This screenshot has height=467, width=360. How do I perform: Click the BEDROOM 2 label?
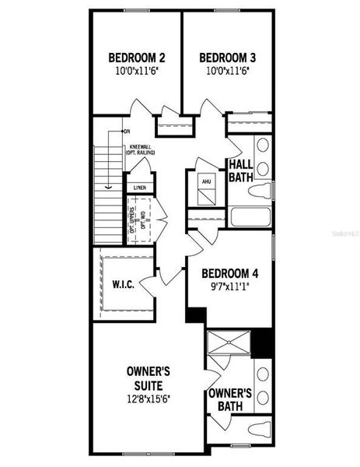point(136,57)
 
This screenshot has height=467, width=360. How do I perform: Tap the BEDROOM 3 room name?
point(228,57)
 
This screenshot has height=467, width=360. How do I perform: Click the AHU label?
point(206,182)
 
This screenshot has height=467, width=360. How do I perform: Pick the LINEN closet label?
point(139,188)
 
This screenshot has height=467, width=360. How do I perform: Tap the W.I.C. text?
point(124,285)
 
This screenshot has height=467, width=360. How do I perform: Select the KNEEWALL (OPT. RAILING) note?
point(140,149)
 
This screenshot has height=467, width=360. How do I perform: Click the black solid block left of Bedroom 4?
point(194,315)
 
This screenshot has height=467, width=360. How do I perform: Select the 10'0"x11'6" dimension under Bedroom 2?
point(136,70)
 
